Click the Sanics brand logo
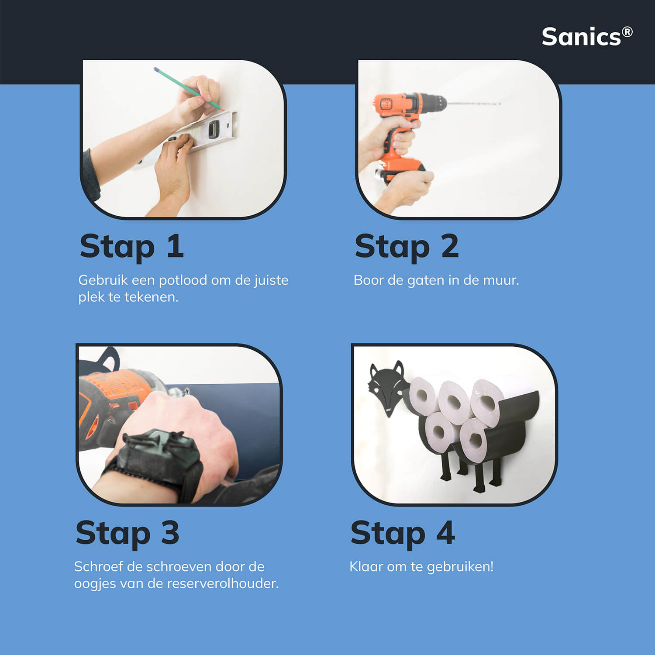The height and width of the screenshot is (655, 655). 587,37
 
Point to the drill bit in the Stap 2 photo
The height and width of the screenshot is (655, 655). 474,104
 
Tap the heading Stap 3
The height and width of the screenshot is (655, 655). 128,534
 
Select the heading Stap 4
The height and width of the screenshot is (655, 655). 403,534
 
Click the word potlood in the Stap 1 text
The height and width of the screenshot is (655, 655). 183,280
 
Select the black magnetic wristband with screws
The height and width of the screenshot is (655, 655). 157,463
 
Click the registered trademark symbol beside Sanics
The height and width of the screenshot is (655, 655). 627,32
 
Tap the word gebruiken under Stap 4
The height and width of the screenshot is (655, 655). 460,567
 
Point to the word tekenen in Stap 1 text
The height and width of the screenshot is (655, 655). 152,297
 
